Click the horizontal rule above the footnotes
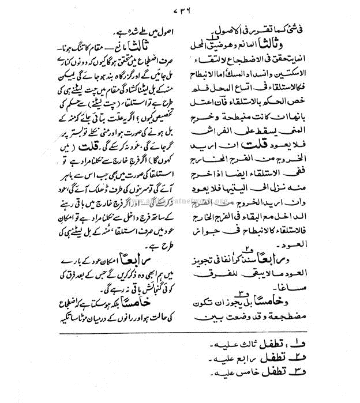click(x=180, y=333)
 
